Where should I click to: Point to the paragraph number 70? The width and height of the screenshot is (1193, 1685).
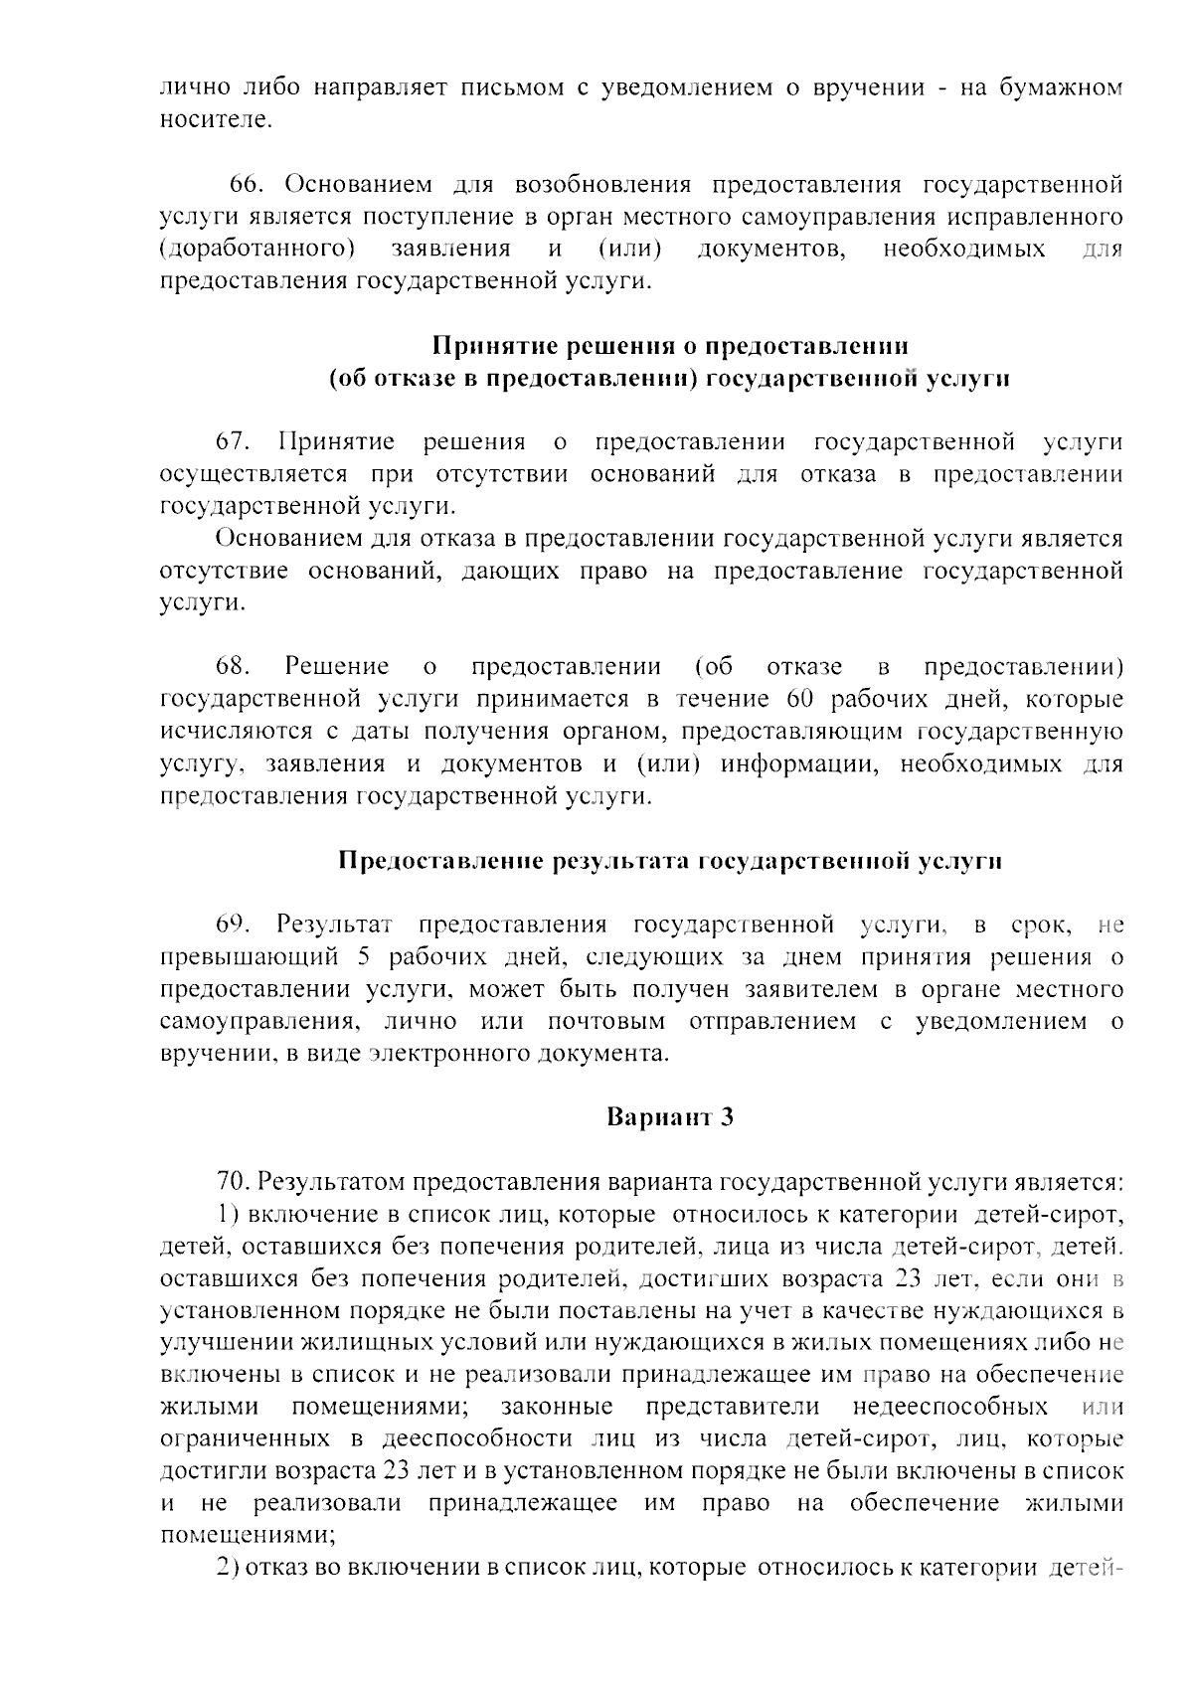tap(235, 1182)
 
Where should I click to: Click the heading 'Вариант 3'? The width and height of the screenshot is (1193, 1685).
tap(669, 1116)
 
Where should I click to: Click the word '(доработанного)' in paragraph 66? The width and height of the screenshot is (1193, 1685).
tap(257, 249)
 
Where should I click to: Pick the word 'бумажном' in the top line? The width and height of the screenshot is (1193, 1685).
tap(1070, 87)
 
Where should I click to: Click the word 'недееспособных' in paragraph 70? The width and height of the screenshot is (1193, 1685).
tap(949, 1407)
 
